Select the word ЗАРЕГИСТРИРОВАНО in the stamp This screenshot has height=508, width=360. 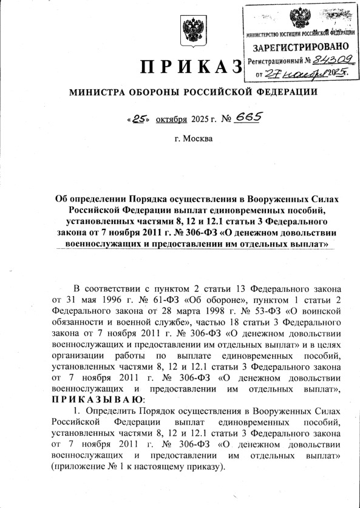tap(301, 47)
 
